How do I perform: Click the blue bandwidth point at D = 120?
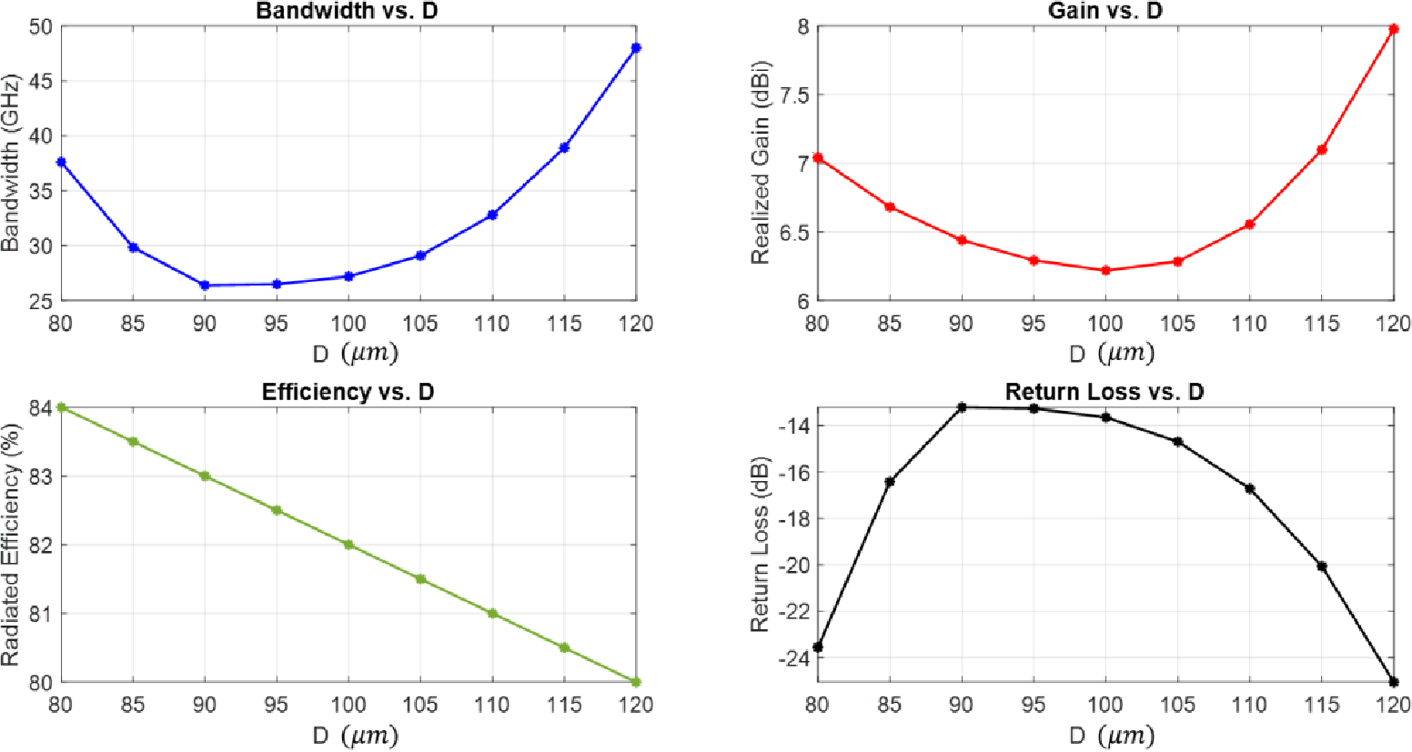(x=636, y=47)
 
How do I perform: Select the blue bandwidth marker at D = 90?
(x=205, y=286)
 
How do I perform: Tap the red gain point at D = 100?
(x=1105, y=270)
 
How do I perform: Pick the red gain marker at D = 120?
(x=1393, y=29)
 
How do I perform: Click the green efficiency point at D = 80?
(x=61, y=407)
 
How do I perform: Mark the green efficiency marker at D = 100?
(x=348, y=545)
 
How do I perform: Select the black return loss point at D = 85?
(x=890, y=482)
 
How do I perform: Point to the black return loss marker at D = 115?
(x=1322, y=566)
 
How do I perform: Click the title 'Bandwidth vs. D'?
(x=347, y=12)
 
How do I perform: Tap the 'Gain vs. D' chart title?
(x=1104, y=12)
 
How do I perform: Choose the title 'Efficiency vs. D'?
(x=348, y=392)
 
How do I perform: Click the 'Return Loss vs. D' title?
(x=1104, y=392)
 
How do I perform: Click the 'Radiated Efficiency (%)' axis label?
(x=11, y=545)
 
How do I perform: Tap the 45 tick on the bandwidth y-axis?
(x=41, y=82)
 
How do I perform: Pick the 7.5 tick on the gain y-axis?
(x=790, y=95)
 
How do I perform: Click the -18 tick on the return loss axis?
(x=787, y=519)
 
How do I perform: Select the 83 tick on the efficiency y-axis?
(x=41, y=476)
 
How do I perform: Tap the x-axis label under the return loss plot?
(x=1111, y=736)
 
